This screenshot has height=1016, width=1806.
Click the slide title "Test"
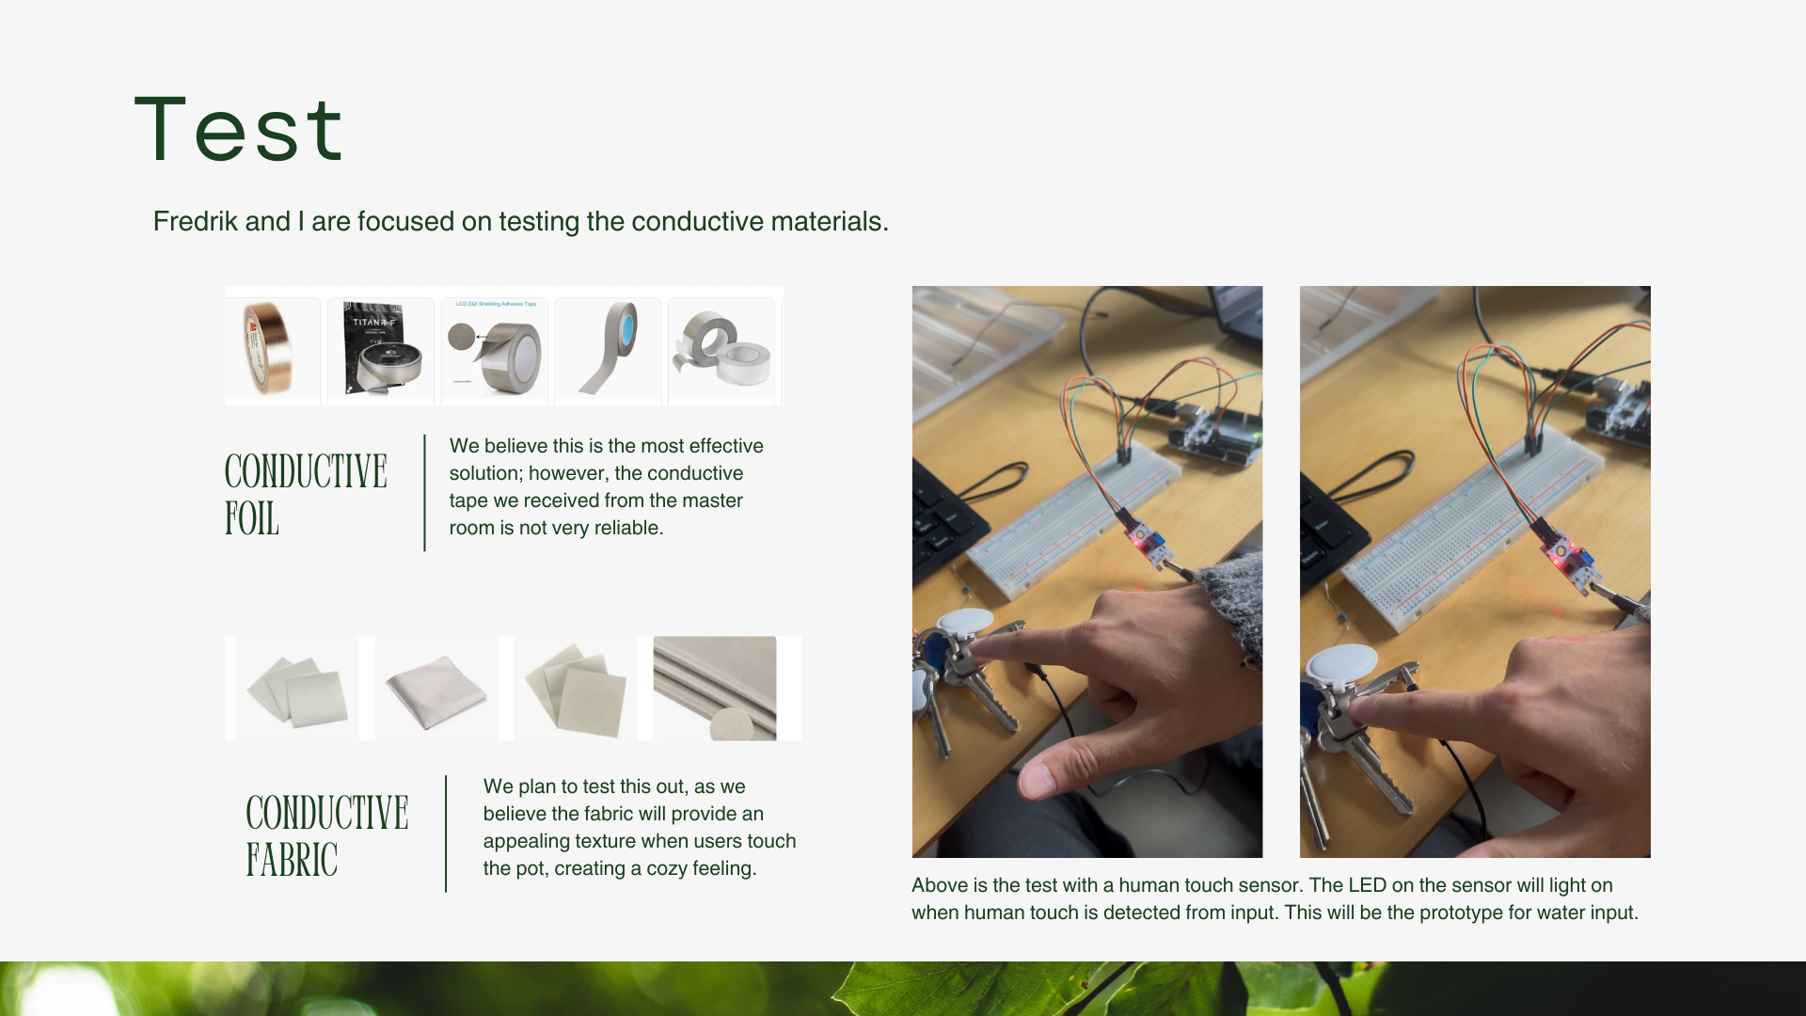(x=239, y=129)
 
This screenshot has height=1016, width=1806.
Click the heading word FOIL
(x=252, y=519)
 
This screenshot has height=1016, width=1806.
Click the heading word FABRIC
(x=292, y=860)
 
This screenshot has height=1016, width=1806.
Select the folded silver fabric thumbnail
(x=437, y=690)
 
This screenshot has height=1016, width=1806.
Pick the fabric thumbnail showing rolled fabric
(x=715, y=689)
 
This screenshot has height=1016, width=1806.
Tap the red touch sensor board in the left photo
(x=1148, y=544)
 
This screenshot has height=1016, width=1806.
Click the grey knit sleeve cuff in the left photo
(x=1232, y=611)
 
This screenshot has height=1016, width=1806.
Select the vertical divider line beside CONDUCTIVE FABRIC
(x=446, y=833)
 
